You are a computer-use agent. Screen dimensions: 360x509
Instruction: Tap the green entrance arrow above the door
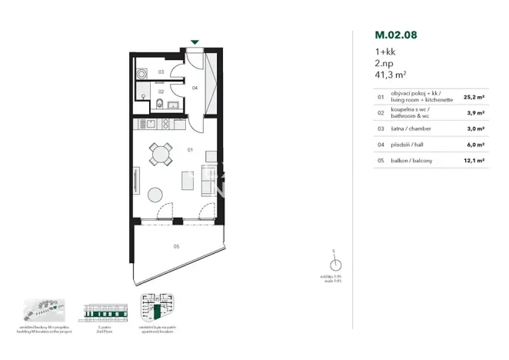195,43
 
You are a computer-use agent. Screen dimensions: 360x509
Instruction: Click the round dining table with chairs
161,155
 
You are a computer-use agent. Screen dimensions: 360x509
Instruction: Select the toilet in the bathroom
158,105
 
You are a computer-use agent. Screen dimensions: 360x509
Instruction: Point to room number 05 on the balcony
176,247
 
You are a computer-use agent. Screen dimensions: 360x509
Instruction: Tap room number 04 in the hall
195,88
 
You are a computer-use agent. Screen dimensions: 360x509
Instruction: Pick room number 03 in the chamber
161,72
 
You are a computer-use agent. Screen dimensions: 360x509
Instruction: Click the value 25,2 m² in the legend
474,98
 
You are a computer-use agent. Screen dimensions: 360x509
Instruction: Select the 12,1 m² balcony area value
474,160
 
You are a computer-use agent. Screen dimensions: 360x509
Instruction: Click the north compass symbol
334,264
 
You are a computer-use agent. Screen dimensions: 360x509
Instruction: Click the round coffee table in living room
156,195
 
